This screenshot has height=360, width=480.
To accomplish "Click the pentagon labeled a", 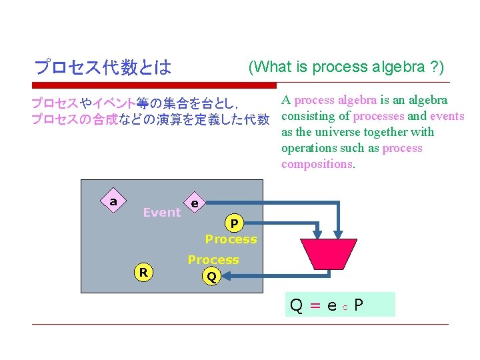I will (113, 202).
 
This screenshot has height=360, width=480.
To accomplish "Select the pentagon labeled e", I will (194, 203).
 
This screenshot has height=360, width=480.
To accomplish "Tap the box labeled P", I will (234, 223).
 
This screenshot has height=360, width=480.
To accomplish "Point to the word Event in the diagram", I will (162, 213).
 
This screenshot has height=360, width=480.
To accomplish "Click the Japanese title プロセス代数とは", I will (103, 67).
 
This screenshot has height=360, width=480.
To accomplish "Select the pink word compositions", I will (317, 164).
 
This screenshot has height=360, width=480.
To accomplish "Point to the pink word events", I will (447, 116).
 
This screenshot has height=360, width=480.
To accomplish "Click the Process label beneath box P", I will (231, 239).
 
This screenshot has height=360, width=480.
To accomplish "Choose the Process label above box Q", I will (213, 260).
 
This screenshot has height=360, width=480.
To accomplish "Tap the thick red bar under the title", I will (154, 85).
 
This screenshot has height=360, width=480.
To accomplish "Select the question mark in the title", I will (433, 67).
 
